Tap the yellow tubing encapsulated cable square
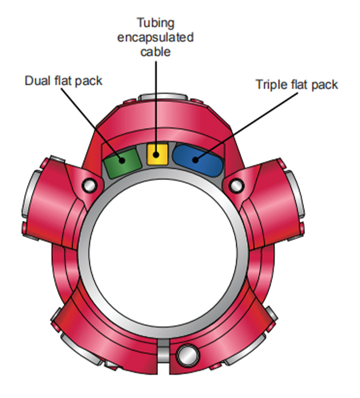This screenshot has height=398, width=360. click(157, 154)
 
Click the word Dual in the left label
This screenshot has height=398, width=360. click(36, 81)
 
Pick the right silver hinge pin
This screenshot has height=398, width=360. click(235, 186)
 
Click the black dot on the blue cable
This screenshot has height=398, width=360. click(195, 160)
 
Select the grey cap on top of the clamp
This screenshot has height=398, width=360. click(160, 98)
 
